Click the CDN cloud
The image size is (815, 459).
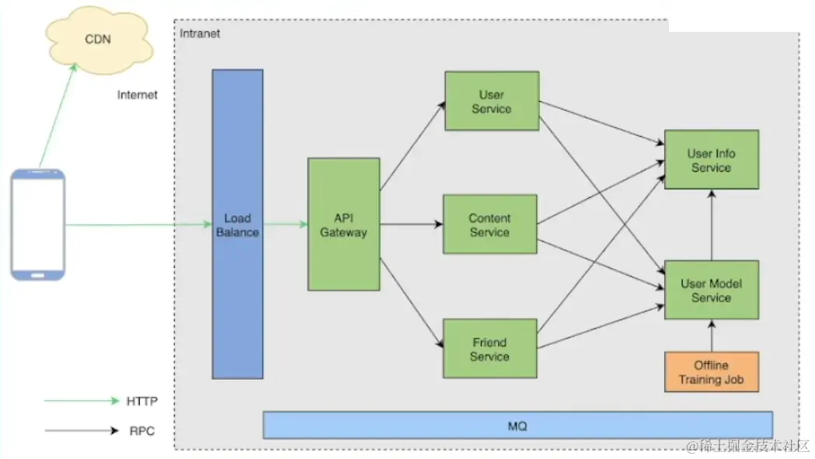tap(99, 40)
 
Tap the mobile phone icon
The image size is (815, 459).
tap(38, 224)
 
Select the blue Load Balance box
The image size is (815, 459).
tap(238, 224)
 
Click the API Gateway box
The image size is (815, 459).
tap(343, 224)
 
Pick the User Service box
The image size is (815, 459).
tap(492, 101)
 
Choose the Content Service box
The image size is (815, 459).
tap(489, 224)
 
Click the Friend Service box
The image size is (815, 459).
tap(489, 348)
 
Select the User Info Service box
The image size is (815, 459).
tap(712, 159)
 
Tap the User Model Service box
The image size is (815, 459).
tap(712, 290)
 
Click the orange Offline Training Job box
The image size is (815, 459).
tap(712, 372)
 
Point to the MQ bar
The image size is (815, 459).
tap(517, 425)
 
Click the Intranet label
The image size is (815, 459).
tap(200, 33)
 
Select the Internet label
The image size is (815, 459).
tap(138, 95)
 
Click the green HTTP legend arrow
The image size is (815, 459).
tap(82, 401)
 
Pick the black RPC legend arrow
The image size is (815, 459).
tap(82, 430)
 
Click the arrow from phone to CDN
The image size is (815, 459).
tap(57, 116)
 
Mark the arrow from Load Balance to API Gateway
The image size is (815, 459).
tap(286, 224)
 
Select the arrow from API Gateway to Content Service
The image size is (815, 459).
tap(411, 224)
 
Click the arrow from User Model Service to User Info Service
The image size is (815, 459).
tap(712, 224)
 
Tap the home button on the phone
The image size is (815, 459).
tap(37, 275)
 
